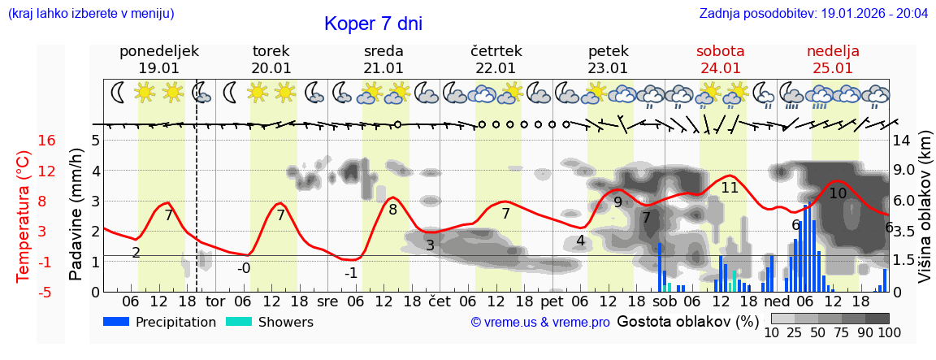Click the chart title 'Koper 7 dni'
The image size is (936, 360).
[x=373, y=24]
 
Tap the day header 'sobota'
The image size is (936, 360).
[x=720, y=51]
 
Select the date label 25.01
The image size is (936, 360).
[x=833, y=68]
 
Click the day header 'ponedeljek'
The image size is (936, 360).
[x=159, y=51]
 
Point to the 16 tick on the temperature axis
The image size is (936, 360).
[x=47, y=141]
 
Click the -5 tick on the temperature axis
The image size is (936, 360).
[x=47, y=292]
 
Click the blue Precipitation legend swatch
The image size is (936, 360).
[x=116, y=322]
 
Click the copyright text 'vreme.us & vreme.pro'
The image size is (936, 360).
[x=540, y=323]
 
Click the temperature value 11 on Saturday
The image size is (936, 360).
[x=730, y=188]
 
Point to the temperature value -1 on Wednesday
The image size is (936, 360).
[x=351, y=273]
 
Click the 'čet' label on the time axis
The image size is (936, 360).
[x=439, y=301]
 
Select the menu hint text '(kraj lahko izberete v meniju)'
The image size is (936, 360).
[x=91, y=14]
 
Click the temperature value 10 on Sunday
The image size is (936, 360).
[x=838, y=193]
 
